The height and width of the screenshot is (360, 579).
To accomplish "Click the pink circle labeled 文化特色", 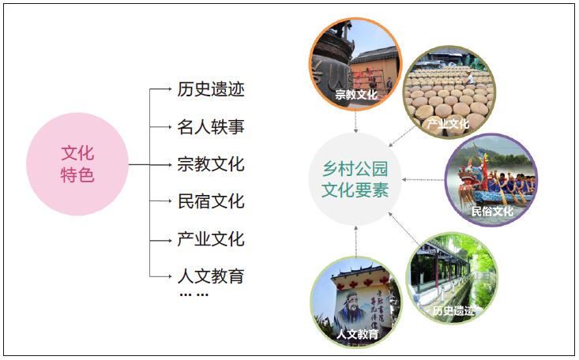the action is pyautogui.click(x=77, y=164).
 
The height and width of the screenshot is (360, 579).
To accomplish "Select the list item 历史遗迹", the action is pyautogui.click(x=211, y=89).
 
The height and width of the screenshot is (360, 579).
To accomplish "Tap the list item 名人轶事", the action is pyautogui.click(x=211, y=127).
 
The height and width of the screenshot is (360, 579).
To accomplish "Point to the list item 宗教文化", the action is pyautogui.click(x=211, y=164).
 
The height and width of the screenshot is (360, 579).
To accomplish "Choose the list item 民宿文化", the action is pyautogui.click(x=211, y=201).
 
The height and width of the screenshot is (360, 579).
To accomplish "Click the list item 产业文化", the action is pyautogui.click(x=211, y=239).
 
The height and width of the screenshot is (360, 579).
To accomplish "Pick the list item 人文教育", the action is pyautogui.click(x=211, y=276).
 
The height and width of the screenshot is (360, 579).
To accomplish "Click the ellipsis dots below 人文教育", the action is pyautogui.click(x=194, y=294).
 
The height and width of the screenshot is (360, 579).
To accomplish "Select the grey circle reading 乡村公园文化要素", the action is pyautogui.click(x=355, y=179).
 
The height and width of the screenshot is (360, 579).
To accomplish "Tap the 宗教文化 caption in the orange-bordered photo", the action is pyautogui.click(x=356, y=95).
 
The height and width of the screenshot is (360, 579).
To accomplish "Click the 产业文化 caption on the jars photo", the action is pyautogui.click(x=448, y=124).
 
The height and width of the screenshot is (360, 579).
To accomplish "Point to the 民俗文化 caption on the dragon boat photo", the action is pyautogui.click(x=492, y=212).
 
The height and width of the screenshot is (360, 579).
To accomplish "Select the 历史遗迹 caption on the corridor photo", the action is pyautogui.click(x=453, y=310).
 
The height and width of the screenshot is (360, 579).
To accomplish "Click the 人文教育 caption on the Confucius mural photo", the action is pyautogui.click(x=358, y=334).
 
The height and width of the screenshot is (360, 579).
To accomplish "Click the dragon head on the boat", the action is pyautogui.click(x=468, y=173).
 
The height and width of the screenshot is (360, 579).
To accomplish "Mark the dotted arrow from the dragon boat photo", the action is pyautogui.click(x=423, y=180).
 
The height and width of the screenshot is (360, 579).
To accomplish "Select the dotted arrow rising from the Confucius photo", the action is pyautogui.click(x=356, y=242).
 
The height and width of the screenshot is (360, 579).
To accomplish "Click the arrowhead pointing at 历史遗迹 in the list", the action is pyautogui.click(x=170, y=89).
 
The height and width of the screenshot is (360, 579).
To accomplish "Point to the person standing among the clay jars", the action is pyautogui.click(x=469, y=77).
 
